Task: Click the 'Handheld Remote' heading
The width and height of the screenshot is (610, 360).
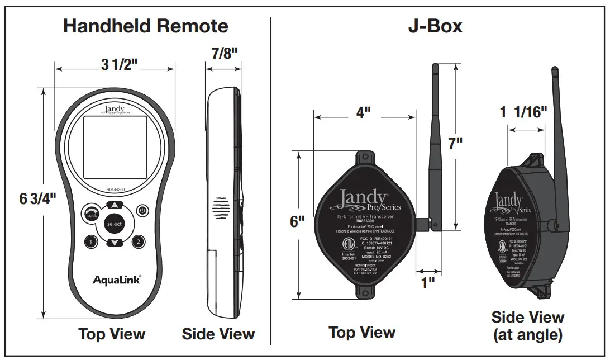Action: pyautogui.click(x=145, y=26)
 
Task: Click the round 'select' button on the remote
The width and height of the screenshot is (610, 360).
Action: pyautogui.click(x=114, y=224)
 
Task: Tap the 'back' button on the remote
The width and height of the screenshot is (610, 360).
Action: pyautogui.click(x=91, y=214)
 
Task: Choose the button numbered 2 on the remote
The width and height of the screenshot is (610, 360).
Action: pyautogui.click(x=138, y=241)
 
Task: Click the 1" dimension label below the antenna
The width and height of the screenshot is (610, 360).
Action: pyautogui.click(x=428, y=283)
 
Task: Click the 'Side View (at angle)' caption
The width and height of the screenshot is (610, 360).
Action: pyautogui.click(x=527, y=326)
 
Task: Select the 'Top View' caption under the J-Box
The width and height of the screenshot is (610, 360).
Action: pyautogui.click(x=362, y=333)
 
